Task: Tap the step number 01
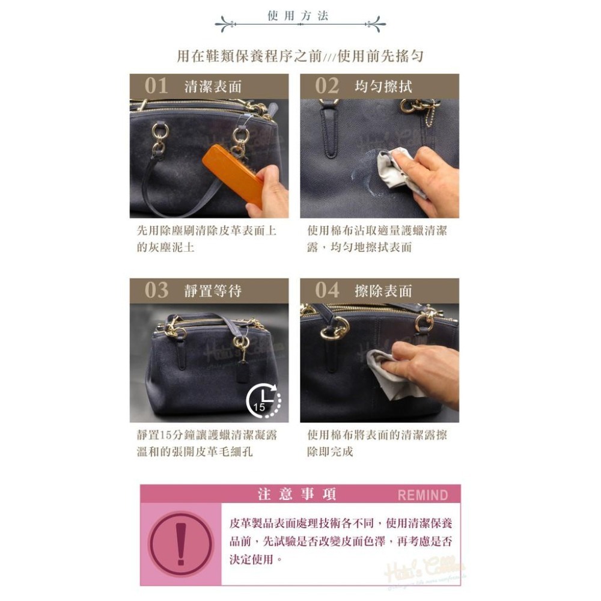click(156, 86)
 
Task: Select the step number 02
click(327, 86)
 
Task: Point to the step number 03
click(156, 290)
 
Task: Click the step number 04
click(327, 290)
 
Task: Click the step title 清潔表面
click(213, 87)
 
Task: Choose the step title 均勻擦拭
click(383, 87)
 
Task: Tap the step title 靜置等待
click(213, 291)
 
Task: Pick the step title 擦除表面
click(383, 291)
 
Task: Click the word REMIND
click(423, 495)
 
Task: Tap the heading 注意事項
click(297, 495)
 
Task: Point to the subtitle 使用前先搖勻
click(381, 56)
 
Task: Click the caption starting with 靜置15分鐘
click(206, 443)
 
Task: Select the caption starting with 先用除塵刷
click(206, 239)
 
